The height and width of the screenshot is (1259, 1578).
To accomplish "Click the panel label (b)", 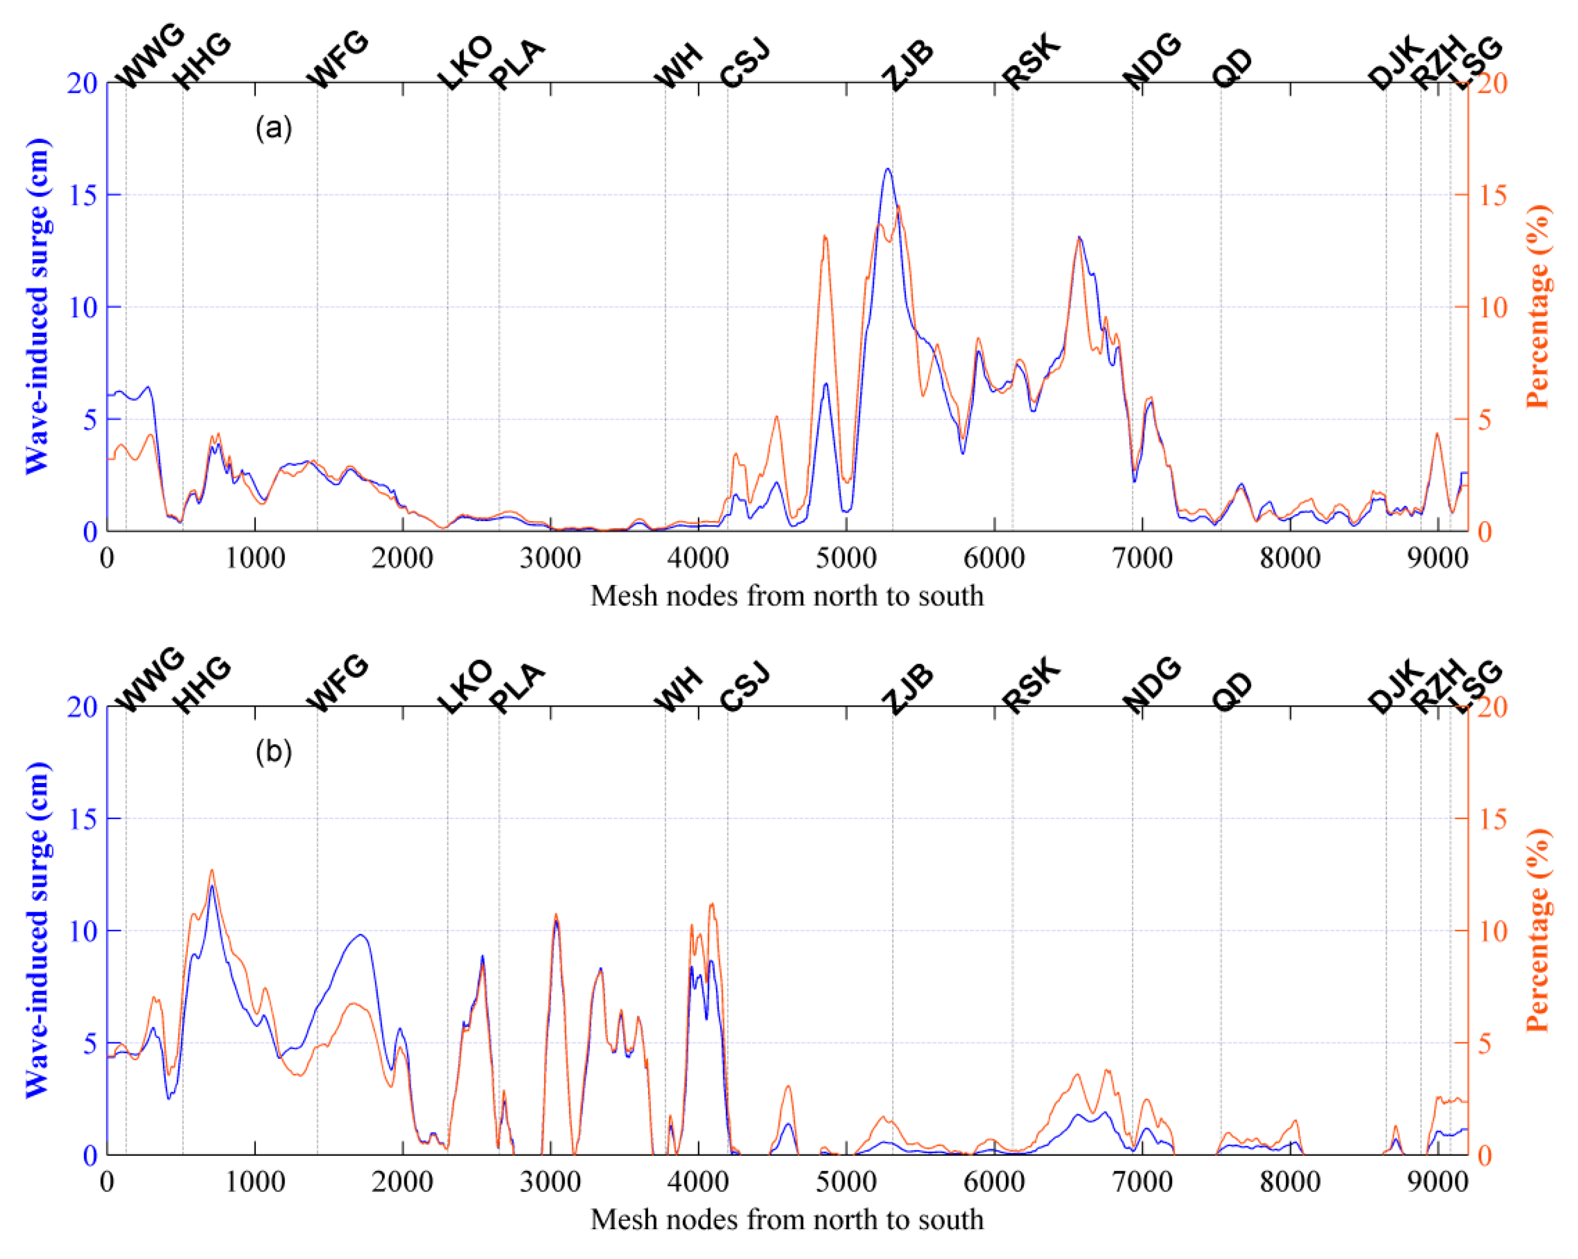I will click(273, 752).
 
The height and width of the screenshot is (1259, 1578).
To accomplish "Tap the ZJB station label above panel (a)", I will click(907, 65).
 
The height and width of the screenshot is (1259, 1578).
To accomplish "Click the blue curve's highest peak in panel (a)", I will click(887, 169).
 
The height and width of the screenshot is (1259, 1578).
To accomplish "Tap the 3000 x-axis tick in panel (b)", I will click(550, 1182).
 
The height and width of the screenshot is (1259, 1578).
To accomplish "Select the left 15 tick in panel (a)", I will click(82, 195).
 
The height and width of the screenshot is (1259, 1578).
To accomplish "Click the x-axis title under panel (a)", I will click(787, 596).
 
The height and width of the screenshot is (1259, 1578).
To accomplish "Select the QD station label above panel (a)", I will click(1233, 69).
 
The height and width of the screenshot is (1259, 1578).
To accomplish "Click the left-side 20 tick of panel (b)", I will click(82, 707).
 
